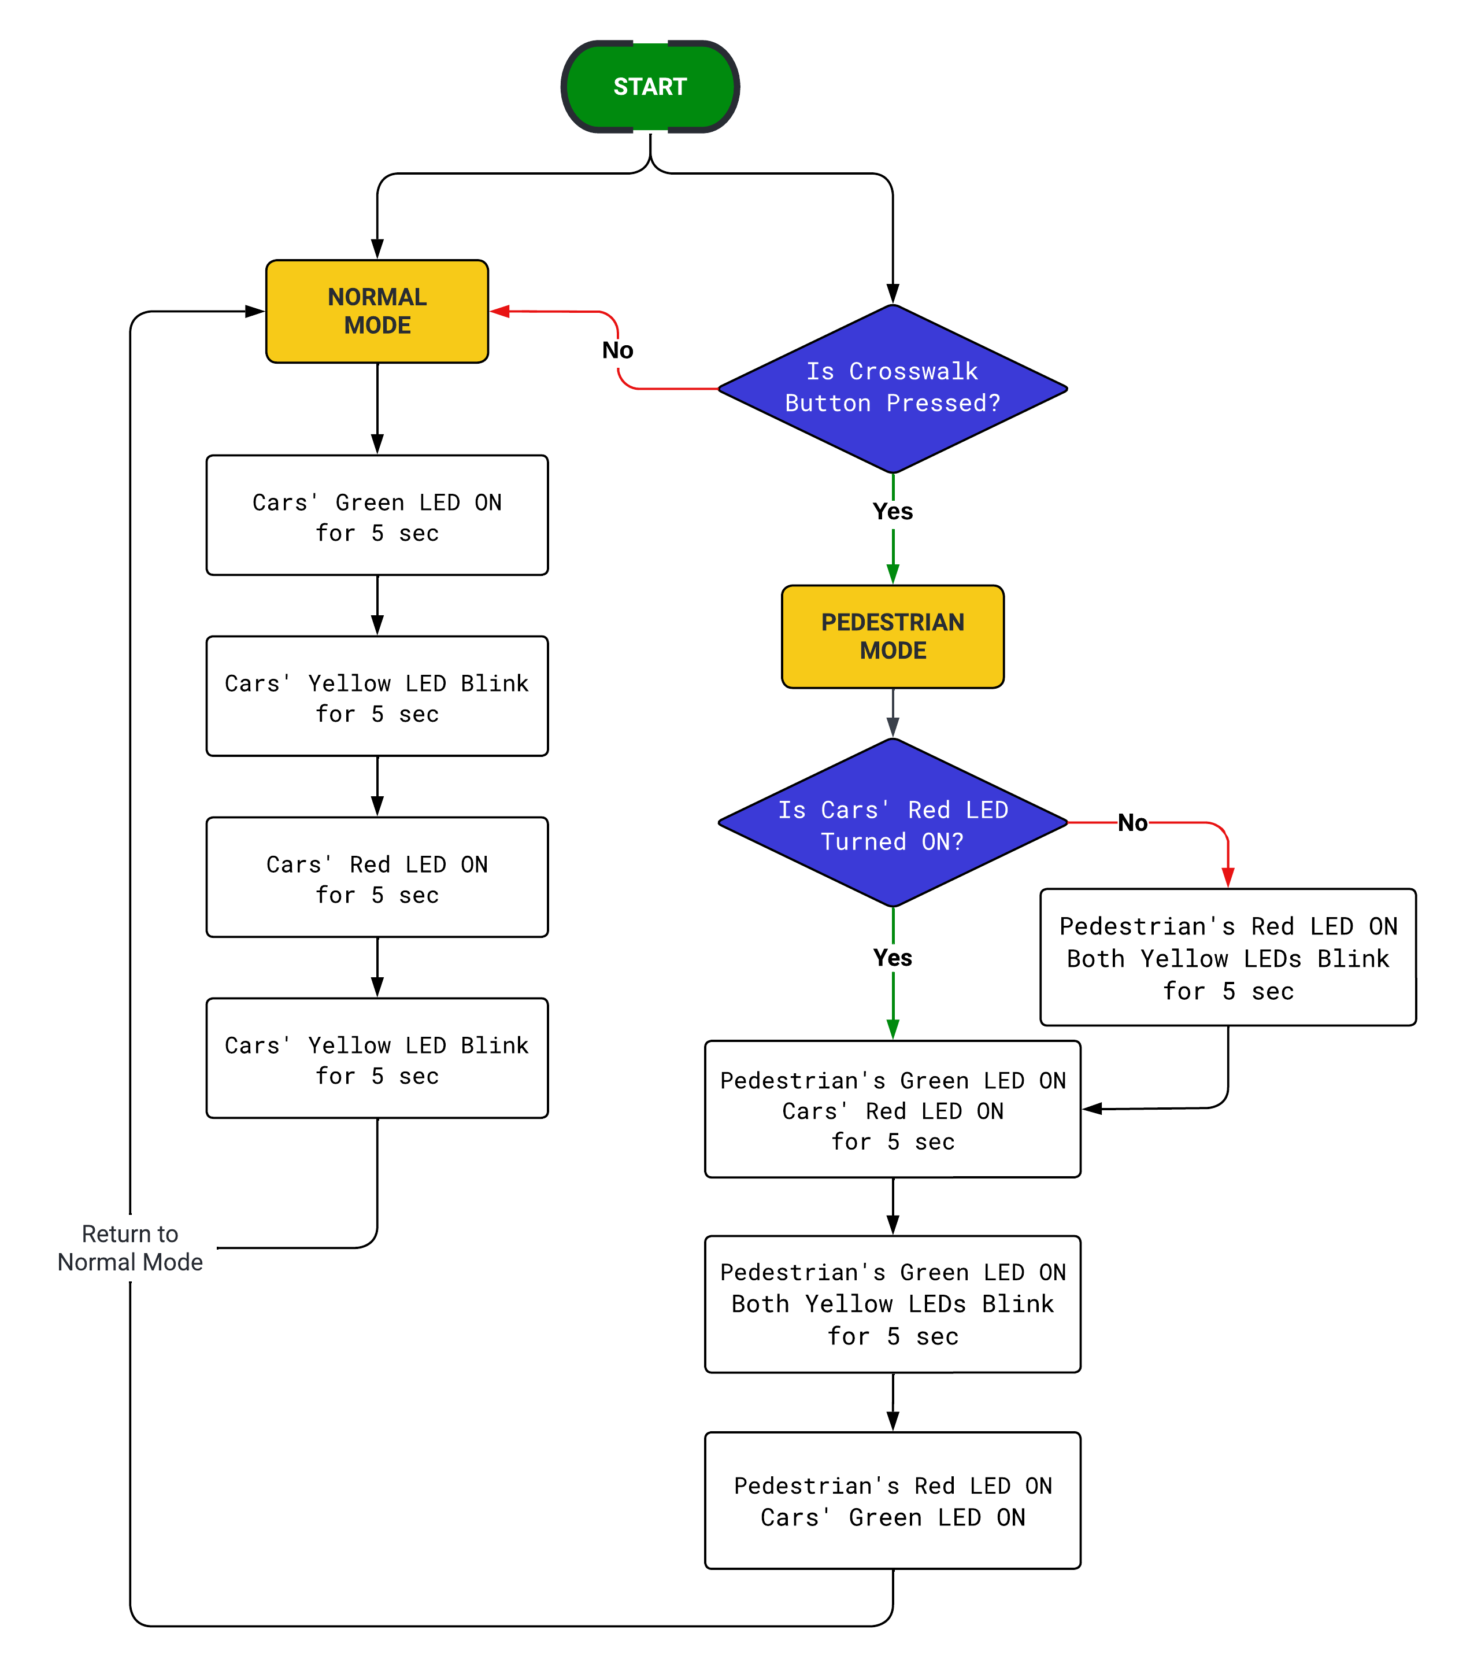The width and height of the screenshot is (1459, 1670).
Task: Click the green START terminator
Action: click(650, 86)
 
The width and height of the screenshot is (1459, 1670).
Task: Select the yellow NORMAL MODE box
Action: click(377, 311)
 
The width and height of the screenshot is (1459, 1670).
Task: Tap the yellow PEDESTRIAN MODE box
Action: click(893, 636)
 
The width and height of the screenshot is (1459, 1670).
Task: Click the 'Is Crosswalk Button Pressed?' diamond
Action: click(893, 389)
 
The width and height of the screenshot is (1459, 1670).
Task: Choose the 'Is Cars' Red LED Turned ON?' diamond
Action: click(893, 822)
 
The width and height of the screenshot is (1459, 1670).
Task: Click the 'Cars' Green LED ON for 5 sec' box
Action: click(377, 515)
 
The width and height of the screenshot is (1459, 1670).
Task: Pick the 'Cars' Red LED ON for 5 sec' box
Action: click(377, 877)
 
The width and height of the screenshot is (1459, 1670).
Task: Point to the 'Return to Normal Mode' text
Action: click(130, 1247)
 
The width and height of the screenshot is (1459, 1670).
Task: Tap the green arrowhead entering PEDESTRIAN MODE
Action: click(893, 574)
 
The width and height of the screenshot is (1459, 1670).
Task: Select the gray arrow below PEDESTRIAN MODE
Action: click(893, 713)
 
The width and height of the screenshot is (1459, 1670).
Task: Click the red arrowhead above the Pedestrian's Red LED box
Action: click(1228, 878)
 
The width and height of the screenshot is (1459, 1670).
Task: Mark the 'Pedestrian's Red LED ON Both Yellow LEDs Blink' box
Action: click(1228, 957)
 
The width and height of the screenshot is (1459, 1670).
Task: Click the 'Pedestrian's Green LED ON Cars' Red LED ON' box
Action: click(893, 1109)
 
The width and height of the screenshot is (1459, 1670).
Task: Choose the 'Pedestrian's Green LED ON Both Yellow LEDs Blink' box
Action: click(893, 1303)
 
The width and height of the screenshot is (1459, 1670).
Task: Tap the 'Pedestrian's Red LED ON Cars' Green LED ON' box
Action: click(893, 1500)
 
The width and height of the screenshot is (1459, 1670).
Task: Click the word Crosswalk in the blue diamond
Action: click(913, 371)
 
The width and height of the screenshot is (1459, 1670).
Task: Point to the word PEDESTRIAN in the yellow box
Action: click(893, 622)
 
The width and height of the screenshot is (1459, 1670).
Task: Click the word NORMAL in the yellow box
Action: click(377, 297)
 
